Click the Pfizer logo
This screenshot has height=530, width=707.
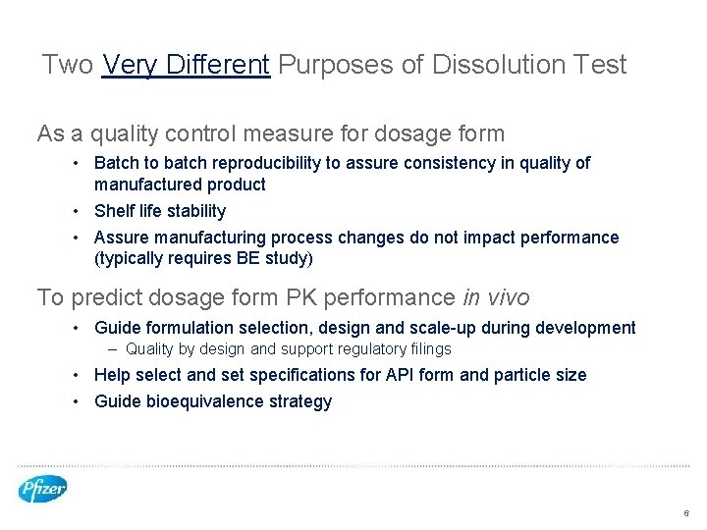click(x=42, y=488)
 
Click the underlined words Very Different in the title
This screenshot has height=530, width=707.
click(x=186, y=66)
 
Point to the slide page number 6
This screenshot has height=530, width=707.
click(x=686, y=513)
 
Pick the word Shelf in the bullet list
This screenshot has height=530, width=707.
click(x=114, y=211)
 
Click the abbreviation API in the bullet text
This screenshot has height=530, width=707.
click(x=436, y=375)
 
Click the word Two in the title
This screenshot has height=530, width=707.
click(x=68, y=66)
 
